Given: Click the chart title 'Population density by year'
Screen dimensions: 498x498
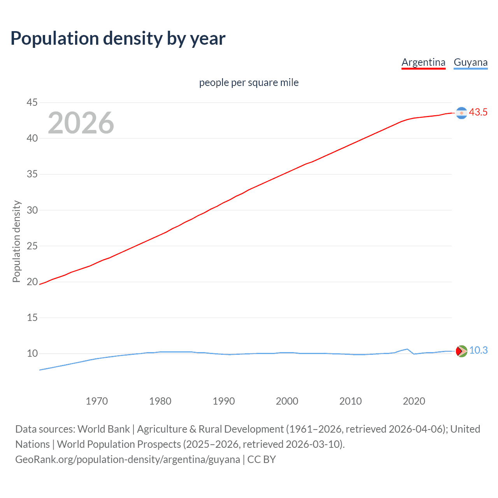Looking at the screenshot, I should (x=118, y=39).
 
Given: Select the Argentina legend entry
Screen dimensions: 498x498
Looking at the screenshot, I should (x=423, y=62).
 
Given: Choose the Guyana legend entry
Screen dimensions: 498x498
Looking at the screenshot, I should (x=470, y=62).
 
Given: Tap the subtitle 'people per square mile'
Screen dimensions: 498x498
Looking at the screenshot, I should (x=249, y=82).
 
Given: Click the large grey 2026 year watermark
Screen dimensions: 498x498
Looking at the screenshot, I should (x=81, y=123).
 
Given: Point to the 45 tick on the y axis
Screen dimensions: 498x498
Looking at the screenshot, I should (x=32, y=102).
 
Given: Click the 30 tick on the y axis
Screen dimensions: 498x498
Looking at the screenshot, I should (x=32, y=210).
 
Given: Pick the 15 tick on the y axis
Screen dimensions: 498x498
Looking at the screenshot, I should (x=32, y=317).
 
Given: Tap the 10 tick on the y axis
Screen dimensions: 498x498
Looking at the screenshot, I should (x=32, y=353).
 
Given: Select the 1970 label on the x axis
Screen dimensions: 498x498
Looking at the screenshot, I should (x=96, y=401).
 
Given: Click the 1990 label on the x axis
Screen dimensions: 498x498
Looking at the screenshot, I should (x=223, y=401).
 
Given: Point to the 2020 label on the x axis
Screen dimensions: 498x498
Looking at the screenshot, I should (x=414, y=401).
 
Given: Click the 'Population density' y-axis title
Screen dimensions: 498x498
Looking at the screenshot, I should (x=16, y=241).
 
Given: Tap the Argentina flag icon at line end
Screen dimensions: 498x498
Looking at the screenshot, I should (x=461, y=113).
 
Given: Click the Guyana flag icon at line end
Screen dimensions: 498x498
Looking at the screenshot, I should (x=461, y=351).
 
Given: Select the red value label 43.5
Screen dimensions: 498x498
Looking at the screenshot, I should (x=478, y=112).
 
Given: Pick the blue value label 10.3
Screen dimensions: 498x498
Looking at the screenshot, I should (x=478, y=351).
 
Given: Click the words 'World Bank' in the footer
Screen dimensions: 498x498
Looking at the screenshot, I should (x=103, y=429).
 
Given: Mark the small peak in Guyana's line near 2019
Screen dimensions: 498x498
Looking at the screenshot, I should (x=407, y=349).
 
